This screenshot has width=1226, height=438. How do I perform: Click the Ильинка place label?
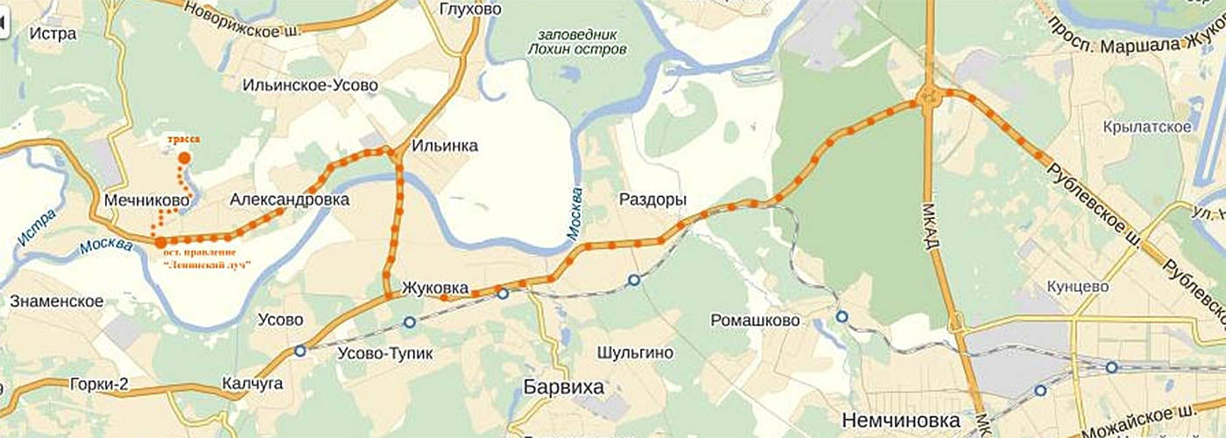[x=445, y=145]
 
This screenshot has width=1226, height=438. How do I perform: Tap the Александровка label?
[x=290, y=200]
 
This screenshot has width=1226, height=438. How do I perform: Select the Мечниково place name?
[x=147, y=201]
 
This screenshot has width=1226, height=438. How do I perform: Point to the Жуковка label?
[x=435, y=287]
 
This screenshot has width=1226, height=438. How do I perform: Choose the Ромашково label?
[x=756, y=321]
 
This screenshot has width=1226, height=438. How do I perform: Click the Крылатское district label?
[x=1148, y=127]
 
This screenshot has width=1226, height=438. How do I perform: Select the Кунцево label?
[x=1078, y=286]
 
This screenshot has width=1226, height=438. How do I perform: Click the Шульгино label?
[x=635, y=352]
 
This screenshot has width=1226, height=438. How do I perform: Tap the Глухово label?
[x=472, y=9]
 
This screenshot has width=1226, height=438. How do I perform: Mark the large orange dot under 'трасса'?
[x=185, y=159]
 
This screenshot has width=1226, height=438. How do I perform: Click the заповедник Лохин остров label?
[x=578, y=42]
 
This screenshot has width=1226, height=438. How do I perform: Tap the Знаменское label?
[x=57, y=301]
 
